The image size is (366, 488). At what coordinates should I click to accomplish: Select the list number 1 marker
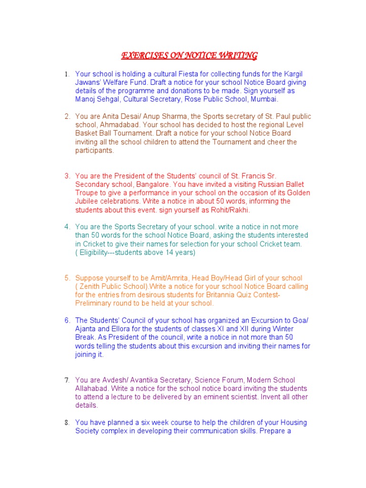(67, 74)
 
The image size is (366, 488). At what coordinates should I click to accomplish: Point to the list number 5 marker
(67, 278)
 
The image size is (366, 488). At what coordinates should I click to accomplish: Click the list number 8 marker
(67, 423)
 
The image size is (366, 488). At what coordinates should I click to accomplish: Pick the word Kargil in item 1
(291, 74)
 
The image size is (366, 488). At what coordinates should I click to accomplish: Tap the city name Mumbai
(264, 100)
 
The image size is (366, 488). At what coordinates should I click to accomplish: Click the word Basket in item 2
(86, 133)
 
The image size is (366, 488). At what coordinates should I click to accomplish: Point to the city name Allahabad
(92, 388)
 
